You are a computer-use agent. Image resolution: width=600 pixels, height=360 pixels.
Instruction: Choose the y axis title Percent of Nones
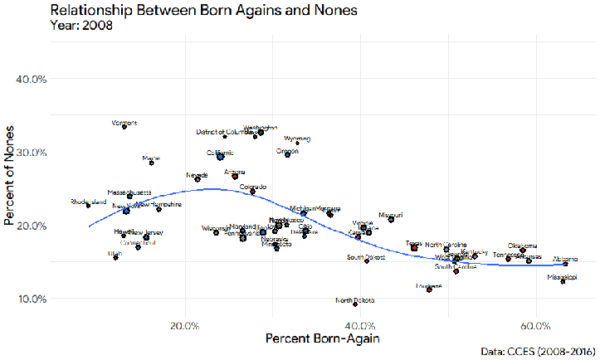(x=10, y=188)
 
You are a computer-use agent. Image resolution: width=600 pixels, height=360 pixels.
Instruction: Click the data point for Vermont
(x=124, y=127)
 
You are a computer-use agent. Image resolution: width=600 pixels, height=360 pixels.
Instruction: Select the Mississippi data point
(x=563, y=281)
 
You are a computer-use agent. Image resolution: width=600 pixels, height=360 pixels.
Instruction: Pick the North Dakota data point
(x=354, y=304)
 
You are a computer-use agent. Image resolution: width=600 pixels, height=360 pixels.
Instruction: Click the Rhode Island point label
(x=89, y=202)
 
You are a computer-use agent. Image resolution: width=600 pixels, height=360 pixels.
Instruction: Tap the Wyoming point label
(x=297, y=139)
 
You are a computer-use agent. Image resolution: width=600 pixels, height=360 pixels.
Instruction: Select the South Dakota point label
(x=365, y=257)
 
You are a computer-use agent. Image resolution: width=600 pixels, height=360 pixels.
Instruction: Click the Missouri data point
(x=391, y=219)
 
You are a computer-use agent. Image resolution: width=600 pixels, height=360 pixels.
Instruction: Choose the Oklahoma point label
(x=523, y=246)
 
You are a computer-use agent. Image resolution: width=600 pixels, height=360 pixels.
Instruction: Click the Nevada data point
(x=198, y=179)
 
